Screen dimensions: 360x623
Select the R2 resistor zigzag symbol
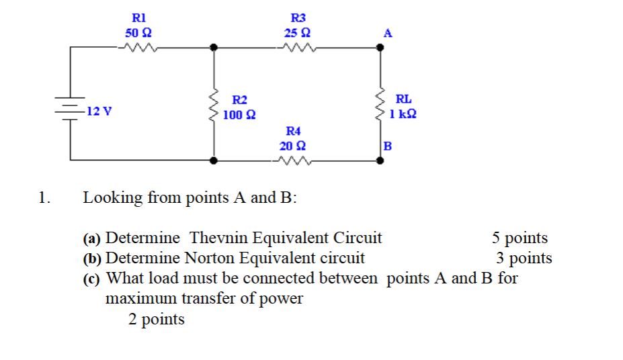point(214,105)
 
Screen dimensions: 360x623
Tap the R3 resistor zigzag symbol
point(296,48)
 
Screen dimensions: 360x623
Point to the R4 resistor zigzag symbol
point(292,161)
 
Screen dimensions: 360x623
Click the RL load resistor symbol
point(382,105)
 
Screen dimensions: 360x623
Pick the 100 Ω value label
point(239,115)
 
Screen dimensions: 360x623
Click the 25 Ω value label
point(297,32)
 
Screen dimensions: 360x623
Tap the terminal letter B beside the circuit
point(386,146)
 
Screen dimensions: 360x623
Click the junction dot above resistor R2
point(214,48)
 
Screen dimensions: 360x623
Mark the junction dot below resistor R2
point(214,161)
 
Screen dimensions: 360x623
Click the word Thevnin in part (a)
point(219,238)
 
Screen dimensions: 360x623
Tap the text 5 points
point(520,238)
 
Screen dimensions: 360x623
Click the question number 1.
point(44,197)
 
